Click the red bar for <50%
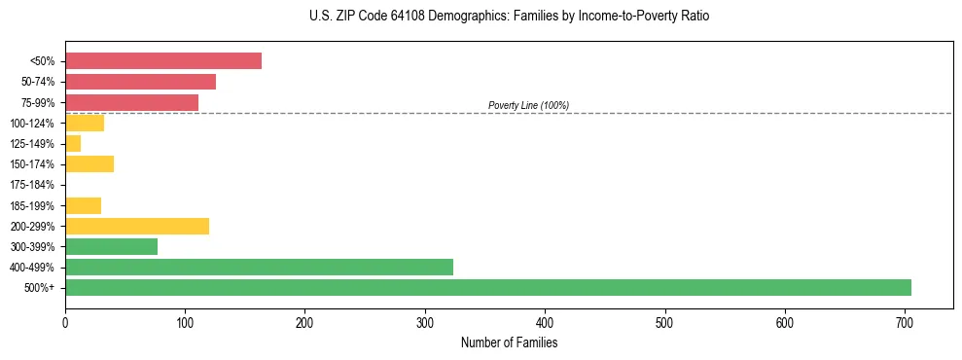[162, 61]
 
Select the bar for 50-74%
[140, 82]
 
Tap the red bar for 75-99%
[131, 102]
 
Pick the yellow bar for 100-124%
[85, 123]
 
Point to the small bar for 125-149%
[73, 143]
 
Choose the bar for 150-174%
[89, 163]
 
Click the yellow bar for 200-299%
[137, 226]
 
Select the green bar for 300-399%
[111, 246]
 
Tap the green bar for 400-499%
[259, 267]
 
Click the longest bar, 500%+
[487, 287]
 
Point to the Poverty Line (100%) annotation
[528, 105]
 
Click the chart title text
[481, 17]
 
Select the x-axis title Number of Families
[509, 342]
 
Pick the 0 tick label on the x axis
[65, 321]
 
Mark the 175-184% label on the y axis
[32, 185]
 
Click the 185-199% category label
[32, 205]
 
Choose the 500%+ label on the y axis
[40, 288]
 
